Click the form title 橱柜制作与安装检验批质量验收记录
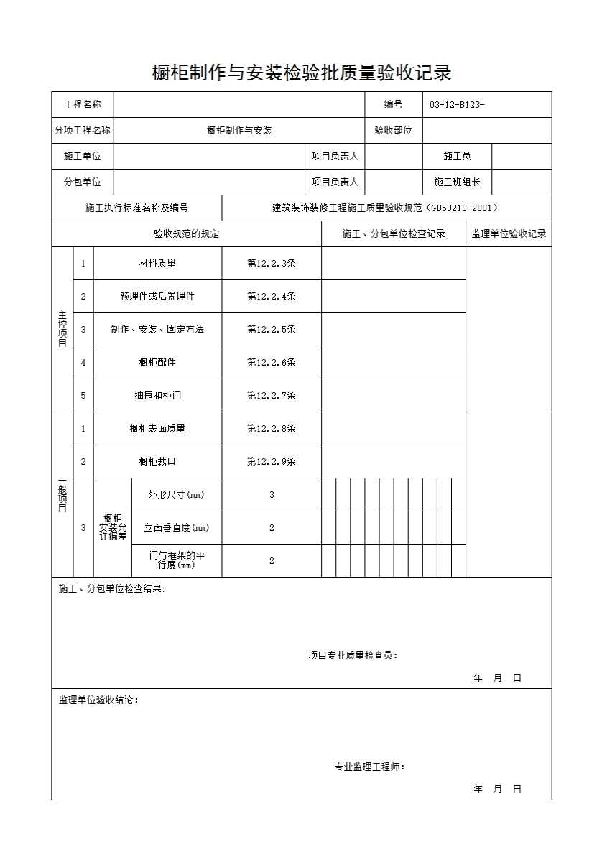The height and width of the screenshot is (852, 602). pos(301,73)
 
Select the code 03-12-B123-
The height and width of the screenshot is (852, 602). pos(457,105)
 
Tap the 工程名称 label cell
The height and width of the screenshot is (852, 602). pos(83,105)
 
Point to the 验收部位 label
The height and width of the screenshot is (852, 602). pos(393,131)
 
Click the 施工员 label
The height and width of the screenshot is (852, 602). pos(457,157)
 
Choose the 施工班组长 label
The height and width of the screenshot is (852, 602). pos(457,182)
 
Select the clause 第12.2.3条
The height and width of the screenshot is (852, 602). pos(272,264)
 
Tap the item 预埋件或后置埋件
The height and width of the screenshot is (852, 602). pos(157,297)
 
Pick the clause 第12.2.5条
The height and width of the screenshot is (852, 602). pos(272,330)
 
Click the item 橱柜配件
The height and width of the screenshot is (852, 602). pos(157,363)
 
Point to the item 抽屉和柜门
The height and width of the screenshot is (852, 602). pos(157,396)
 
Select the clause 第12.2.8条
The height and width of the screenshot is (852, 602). pos(272,429)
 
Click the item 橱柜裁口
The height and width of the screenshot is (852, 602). pos(157,462)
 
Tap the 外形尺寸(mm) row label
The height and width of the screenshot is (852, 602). pos(176,495)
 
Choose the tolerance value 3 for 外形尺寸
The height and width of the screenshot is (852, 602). pos(272,495)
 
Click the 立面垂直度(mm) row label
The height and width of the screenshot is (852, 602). pos(176,528)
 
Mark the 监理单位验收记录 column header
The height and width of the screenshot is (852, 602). pos(509,234)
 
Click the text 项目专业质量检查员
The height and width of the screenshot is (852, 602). pos(353,655)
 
